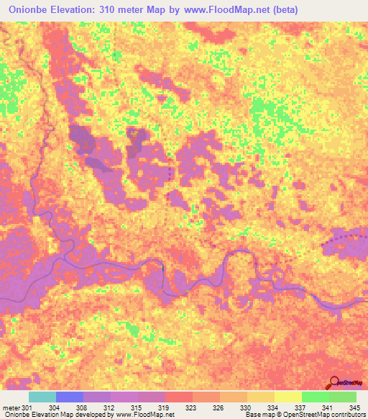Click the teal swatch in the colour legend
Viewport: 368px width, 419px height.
point(42,397)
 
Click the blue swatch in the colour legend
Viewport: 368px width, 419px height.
point(69,397)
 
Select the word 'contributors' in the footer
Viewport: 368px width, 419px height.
point(347,415)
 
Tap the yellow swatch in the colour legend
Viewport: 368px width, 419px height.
point(288,397)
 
